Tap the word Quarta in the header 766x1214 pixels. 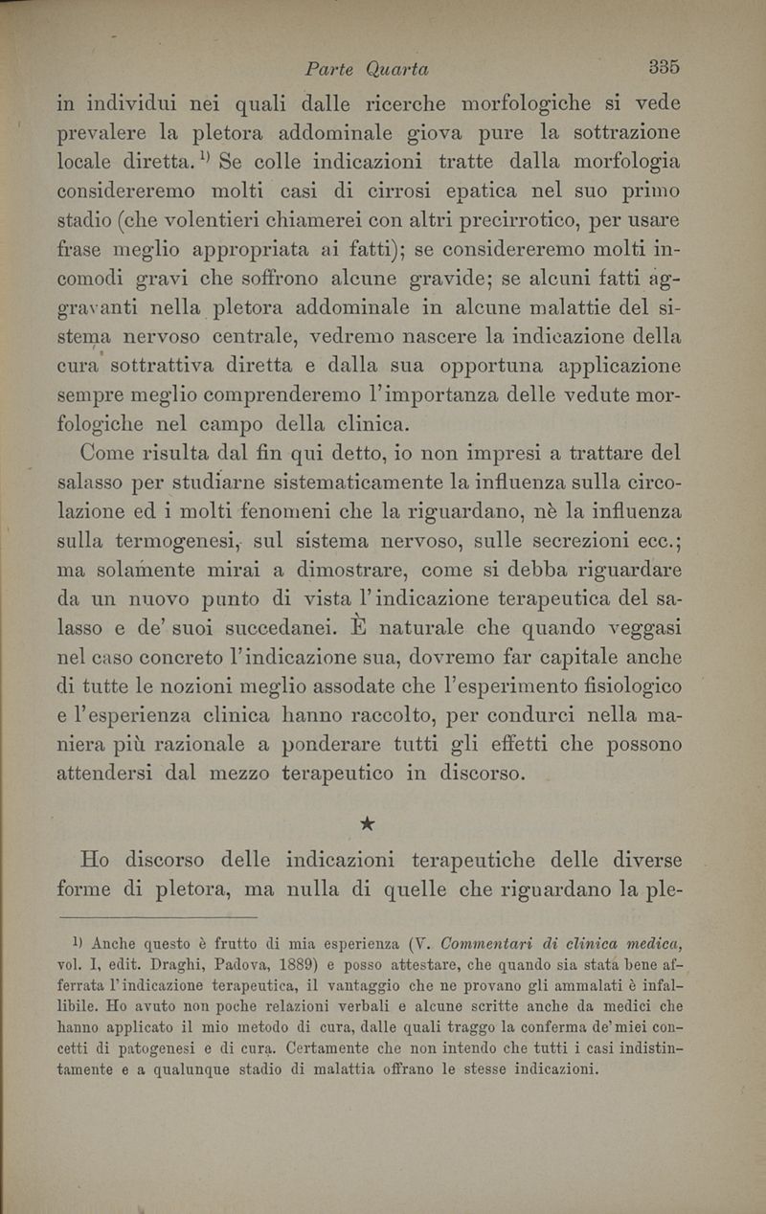[x=395, y=69]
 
